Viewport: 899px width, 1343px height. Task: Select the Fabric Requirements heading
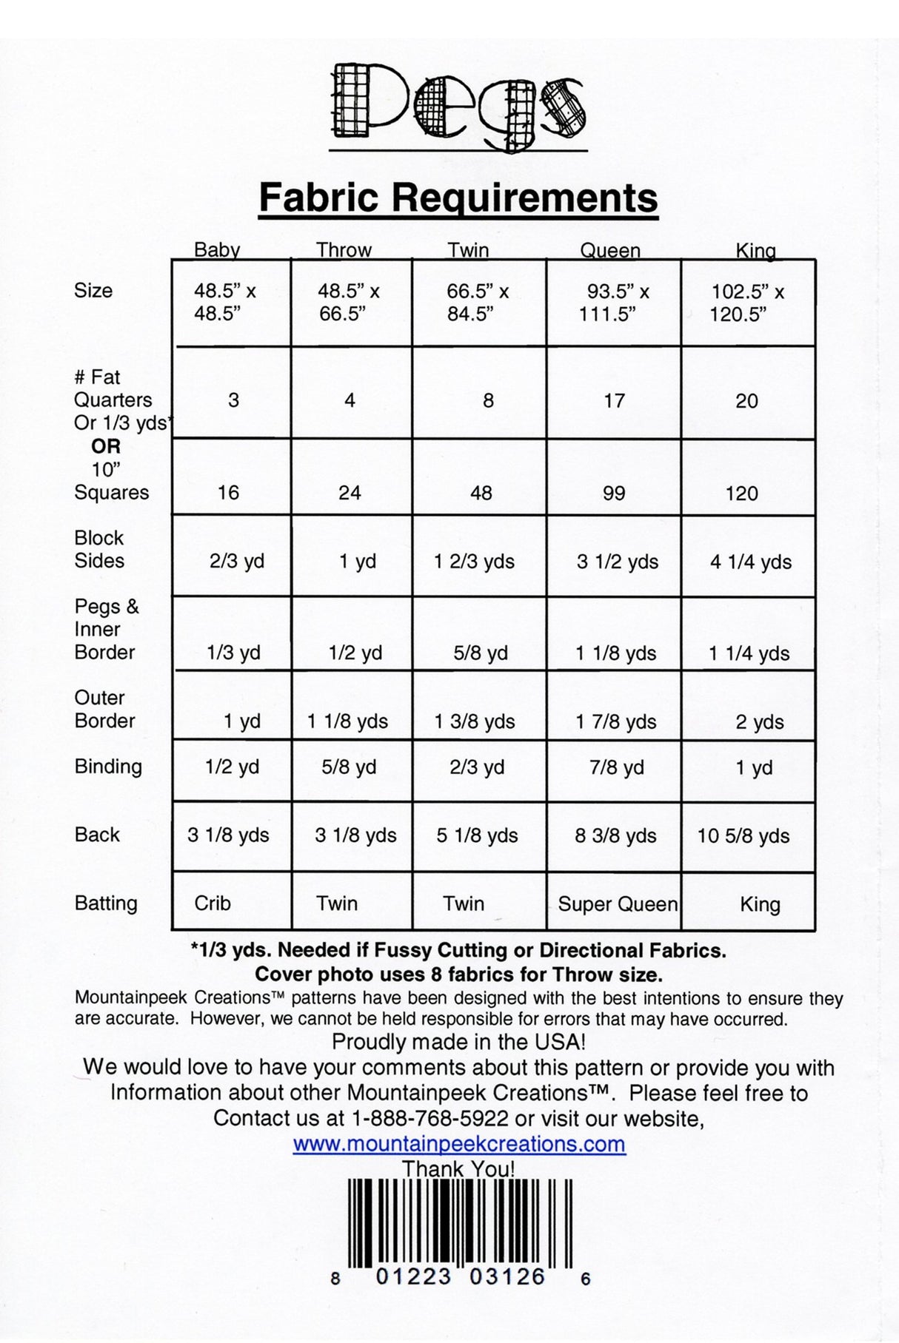point(458,198)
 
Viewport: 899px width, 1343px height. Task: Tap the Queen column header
point(609,250)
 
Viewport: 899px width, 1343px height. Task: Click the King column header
point(755,251)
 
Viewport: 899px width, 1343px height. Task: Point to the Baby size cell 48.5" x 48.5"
point(224,303)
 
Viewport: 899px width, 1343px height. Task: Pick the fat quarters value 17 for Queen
point(614,401)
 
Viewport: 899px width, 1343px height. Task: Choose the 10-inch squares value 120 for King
point(741,494)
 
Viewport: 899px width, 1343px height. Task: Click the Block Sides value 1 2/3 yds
point(474,562)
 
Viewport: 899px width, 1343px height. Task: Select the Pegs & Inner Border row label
point(106,629)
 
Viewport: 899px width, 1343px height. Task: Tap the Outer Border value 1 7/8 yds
point(616,721)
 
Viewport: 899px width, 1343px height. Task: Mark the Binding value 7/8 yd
point(616,767)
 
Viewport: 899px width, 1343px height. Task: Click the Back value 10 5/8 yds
point(743,835)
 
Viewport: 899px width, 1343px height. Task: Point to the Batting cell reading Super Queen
point(617,904)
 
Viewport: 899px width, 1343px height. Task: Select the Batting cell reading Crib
point(213,903)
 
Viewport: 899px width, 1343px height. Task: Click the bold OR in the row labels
point(105,446)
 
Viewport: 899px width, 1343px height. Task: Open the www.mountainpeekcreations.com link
point(458,1144)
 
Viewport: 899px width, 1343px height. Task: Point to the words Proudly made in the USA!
point(458,1042)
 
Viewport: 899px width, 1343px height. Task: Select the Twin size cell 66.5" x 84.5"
point(477,303)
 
